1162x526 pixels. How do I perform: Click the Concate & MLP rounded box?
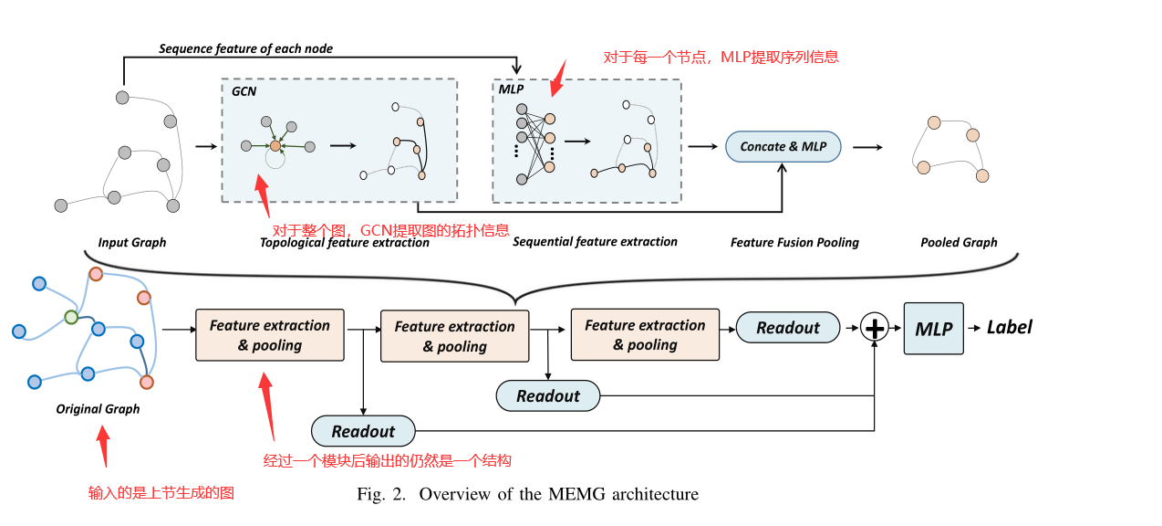pyautogui.click(x=783, y=146)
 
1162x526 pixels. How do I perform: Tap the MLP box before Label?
pyautogui.click(x=933, y=329)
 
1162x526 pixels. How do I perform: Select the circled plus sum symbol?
pyautogui.click(x=875, y=328)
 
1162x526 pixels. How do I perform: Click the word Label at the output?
pyautogui.click(x=1010, y=327)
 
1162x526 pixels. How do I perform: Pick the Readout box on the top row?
pyautogui.click(x=787, y=328)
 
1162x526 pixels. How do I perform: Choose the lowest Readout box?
pyautogui.click(x=363, y=431)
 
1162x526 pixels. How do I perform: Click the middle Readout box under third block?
pyautogui.click(x=548, y=395)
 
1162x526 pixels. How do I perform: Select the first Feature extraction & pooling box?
pyautogui.click(x=270, y=335)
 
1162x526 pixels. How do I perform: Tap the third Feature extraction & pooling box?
pyautogui.click(x=645, y=334)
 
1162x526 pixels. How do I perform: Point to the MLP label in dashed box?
pyautogui.click(x=511, y=89)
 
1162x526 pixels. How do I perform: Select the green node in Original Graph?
pyautogui.click(x=71, y=317)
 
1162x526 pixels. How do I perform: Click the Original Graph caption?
pyautogui.click(x=98, y=409)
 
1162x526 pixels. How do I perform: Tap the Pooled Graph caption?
pyautogui.click(x=959, y=243)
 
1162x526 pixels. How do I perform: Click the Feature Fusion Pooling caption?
pyautogui.click(x=794, y=243)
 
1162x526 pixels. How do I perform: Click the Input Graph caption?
pyautogui.click(x=132, y=243)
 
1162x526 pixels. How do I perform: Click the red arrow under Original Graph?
pyautogui.click(x=102, y=448)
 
